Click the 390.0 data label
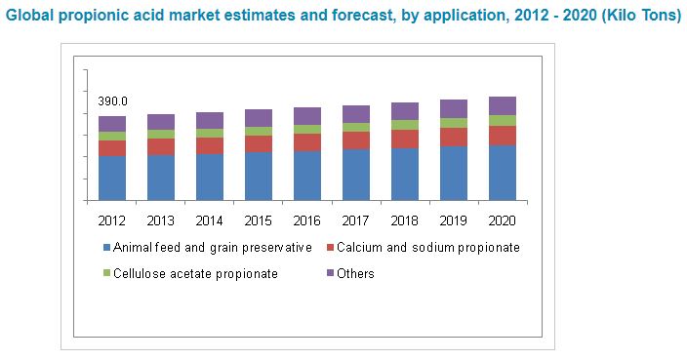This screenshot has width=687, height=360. point(112,101)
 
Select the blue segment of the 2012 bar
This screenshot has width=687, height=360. point(112,178)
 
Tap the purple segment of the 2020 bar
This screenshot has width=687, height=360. point(503,105)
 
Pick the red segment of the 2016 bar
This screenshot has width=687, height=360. point(307,142)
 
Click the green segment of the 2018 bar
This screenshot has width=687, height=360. point(405,125)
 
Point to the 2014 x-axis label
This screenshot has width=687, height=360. point(210,219)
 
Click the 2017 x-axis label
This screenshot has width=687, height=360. point(356,219)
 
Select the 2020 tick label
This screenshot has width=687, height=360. point(503,219)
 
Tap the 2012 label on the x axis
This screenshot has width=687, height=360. point(112,219)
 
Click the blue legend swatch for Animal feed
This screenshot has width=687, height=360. point(105,248)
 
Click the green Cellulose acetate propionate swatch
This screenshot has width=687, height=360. point(105,274)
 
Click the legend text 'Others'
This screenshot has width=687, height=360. point(355,274)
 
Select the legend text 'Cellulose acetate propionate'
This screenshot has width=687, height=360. point(195,274)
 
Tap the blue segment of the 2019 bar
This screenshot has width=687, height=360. point(454,173)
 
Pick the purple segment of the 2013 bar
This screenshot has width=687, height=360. point(161,122)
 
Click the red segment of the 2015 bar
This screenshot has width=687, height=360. point(259,143)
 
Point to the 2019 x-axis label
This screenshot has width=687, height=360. point(454,219)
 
